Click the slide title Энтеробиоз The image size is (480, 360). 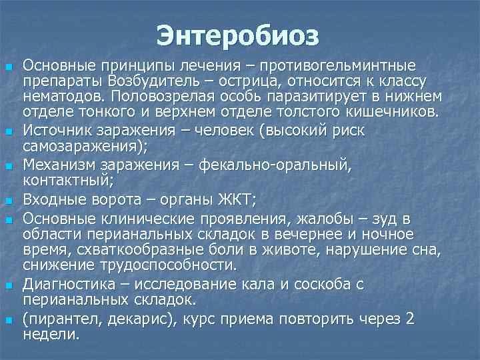point(239,35)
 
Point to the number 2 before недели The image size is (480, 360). point(409,319)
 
